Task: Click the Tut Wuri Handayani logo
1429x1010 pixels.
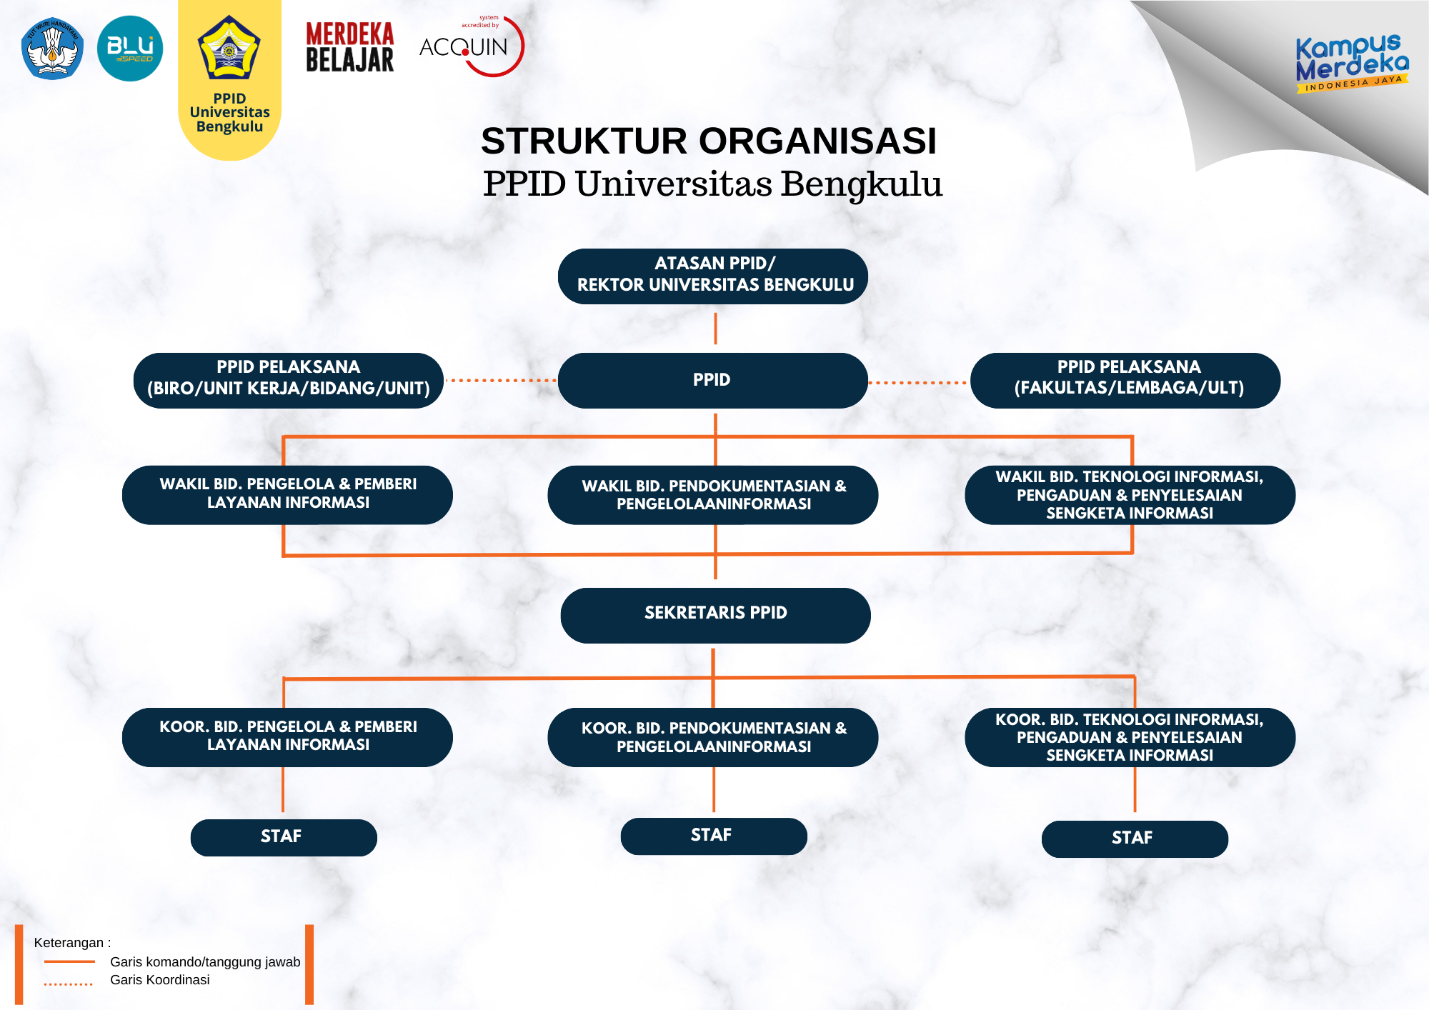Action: (53, 49)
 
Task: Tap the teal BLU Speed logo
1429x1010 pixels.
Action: (130, 49)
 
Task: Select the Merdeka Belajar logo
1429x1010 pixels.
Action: (350, 47)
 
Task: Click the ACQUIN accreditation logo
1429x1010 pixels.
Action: (472, 46)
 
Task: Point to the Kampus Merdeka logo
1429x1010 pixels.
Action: (1351, 63)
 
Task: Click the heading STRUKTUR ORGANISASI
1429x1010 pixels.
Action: (708, 141)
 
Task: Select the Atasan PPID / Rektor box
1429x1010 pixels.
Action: (713, 276)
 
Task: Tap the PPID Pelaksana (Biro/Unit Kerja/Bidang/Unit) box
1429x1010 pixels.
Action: (289, 380)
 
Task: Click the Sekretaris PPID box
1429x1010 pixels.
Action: (715, 615)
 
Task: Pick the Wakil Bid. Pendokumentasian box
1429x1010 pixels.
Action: (713, 495)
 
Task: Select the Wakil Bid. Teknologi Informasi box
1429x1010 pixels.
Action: (1130, 495)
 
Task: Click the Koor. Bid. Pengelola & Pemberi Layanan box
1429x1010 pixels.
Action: (287, 737)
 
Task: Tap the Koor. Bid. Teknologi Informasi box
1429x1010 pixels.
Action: (1130, 737)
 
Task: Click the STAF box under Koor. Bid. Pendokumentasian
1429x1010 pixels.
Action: (714, 836)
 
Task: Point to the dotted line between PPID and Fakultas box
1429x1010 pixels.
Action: (919, 383)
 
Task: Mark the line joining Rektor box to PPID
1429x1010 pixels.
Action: (715, 329)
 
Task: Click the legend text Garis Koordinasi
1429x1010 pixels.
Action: (160, 980)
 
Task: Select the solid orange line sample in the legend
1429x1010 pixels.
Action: (69, 961)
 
